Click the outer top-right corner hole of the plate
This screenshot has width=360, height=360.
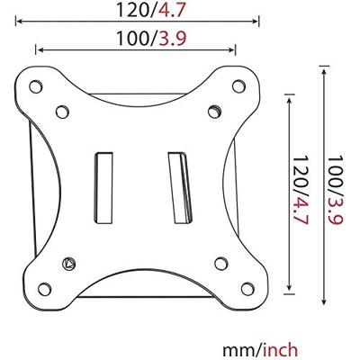[x=240, y=86]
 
